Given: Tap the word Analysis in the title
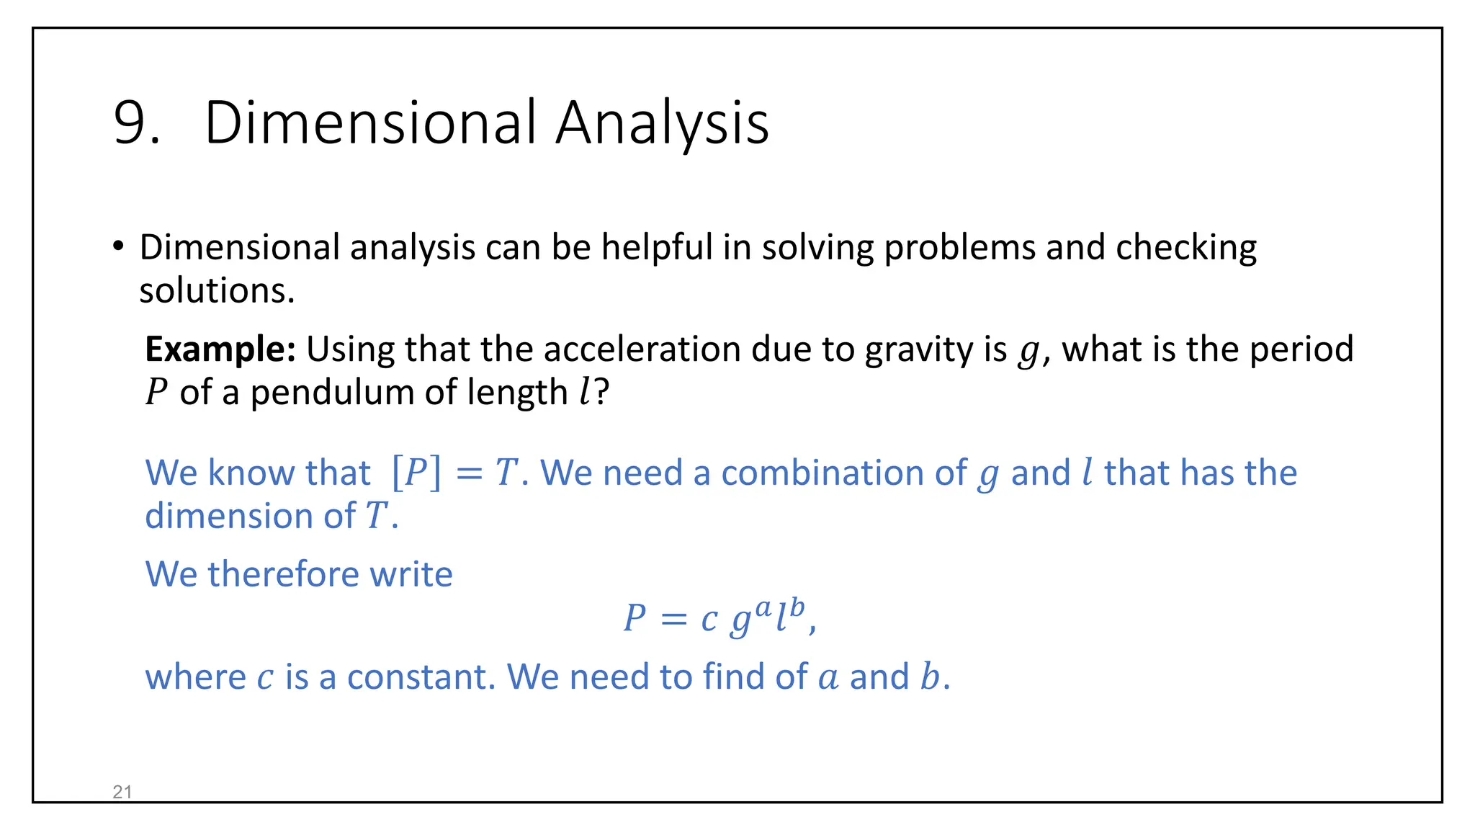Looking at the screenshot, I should pyautogui.click(x=662, y=123).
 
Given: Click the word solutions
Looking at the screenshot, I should pyautogui.click(x=216, y=291).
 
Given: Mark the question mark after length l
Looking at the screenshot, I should pyautogui.click(x=602, y=393).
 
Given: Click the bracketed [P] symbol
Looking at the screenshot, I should pyautogui.click(x=416, y=473).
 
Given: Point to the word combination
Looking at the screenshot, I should pyautogui.click(x=843, y=473).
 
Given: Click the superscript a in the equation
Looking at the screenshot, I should pyautogui.click(x=763, y=608).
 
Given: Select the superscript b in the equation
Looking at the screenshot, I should pyautogui.click(x=796, y=607).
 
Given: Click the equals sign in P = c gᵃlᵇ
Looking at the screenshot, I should pyautogui.click(x=673, y=619).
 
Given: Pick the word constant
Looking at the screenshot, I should pyautogui.click(x=421, y=677).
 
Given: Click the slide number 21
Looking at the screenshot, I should pyautogui.click(x=122, y=792).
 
